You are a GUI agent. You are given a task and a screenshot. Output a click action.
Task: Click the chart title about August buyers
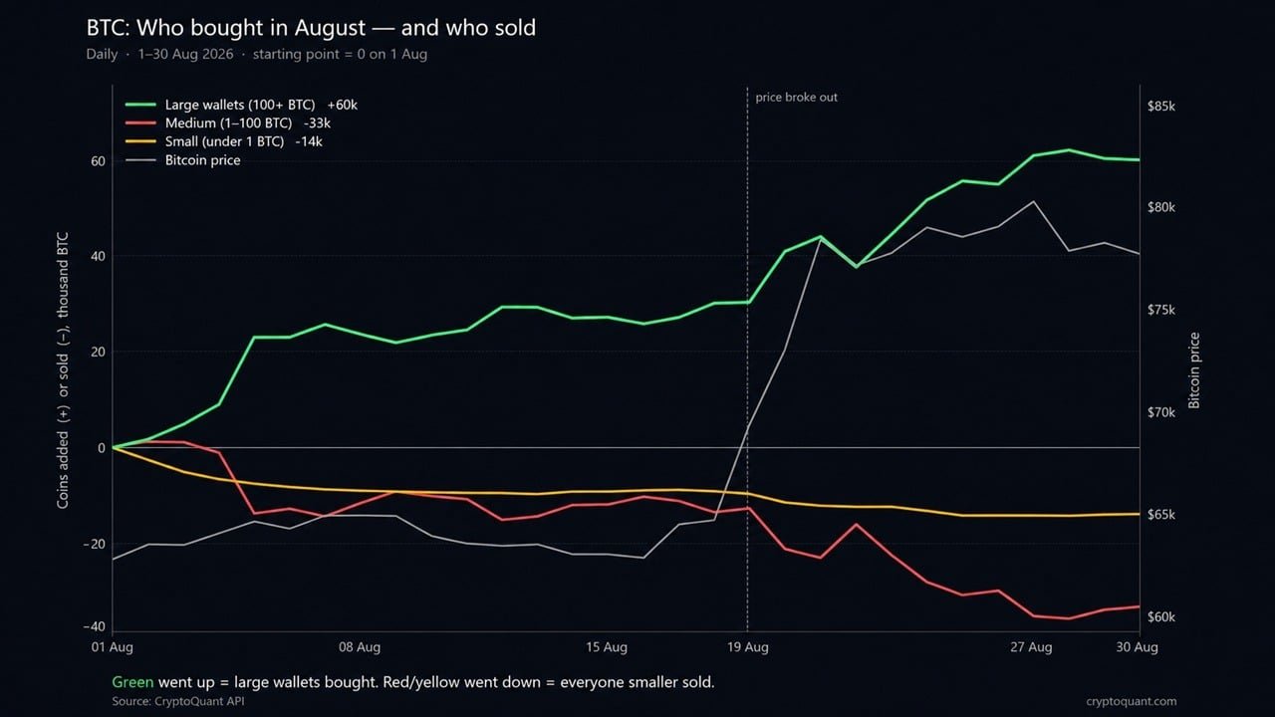[311, 28]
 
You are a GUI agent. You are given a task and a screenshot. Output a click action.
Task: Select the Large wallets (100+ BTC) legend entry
[241, 105]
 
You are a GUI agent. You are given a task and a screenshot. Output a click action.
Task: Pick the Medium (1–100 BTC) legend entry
[228, 122]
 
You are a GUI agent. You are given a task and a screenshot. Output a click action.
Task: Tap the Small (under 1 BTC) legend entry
[224, 141]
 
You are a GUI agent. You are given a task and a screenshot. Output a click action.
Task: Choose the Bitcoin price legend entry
[182, 160]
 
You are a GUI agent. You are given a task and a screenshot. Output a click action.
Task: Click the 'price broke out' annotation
[796, 98]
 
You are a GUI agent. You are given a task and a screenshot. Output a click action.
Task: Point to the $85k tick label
[1161, 107]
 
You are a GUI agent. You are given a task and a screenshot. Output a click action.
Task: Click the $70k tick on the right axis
[1161, 412]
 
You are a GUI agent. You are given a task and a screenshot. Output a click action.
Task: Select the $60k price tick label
[1161, 616]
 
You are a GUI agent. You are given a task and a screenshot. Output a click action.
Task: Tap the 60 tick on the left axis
[98, 161]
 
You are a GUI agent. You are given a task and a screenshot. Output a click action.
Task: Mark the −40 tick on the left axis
[95, 626]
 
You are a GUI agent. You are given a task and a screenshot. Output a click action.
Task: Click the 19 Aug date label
[747, 647]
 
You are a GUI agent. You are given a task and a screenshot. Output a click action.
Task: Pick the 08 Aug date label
[360, 647]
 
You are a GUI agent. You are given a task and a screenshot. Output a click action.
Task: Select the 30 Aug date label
[1137, 647]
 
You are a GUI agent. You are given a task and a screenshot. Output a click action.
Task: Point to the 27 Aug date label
[1031, 647]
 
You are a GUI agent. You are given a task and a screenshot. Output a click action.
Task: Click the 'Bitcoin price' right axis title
[1194, 370]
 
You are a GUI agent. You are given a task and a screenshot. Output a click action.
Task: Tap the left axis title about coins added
[63, 370]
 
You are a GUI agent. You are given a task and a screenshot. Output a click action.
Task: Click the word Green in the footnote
[132, 682]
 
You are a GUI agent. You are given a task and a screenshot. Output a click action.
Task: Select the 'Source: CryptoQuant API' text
[178, 701]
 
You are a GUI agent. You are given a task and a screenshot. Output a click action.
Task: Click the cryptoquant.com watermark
[1131, 701]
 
